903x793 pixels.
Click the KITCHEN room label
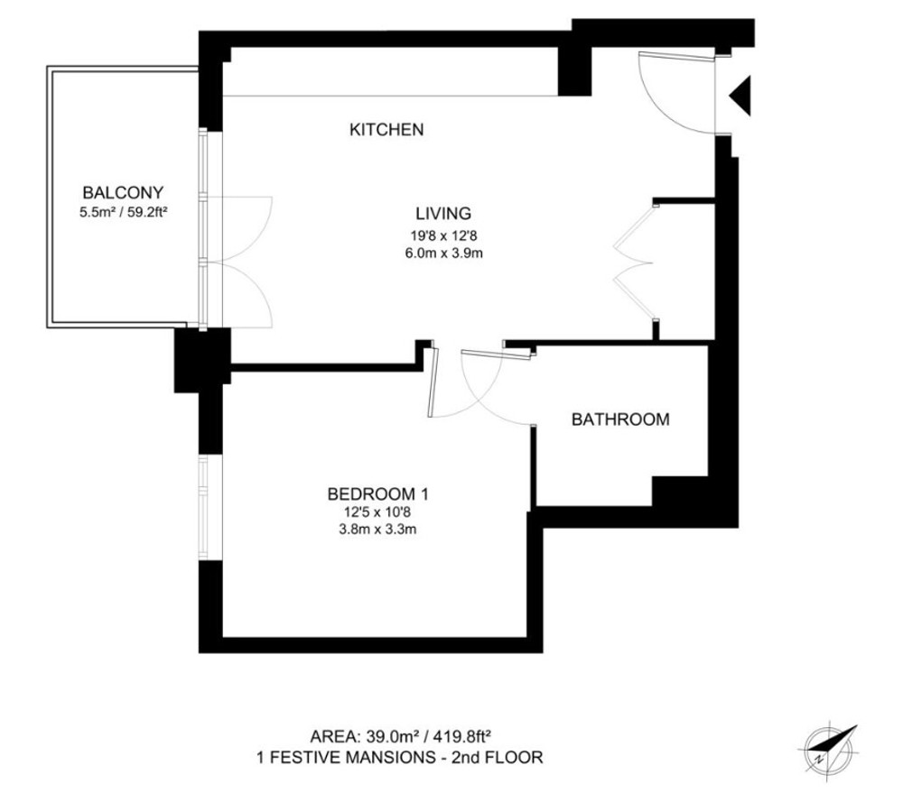click(x=386, y=130)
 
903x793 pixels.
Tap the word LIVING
click(x=443, y=214)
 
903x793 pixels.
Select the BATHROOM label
click(x=620, y=420)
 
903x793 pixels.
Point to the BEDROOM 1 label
click(x=377, y=493)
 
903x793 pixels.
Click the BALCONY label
click(x=123, y=192)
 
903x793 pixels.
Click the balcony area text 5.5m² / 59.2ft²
click(x=123, y=212)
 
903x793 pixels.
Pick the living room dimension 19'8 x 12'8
click(x=443, y=235)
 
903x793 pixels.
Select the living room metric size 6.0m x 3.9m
click(x=443, y=253)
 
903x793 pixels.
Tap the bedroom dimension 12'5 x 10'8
click(x=377, y=512)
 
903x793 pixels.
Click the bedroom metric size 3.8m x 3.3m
click(x=377, y=529)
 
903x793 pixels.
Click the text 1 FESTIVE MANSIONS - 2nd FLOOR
click(x=400, y=757)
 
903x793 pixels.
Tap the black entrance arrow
click(x=741, y=96)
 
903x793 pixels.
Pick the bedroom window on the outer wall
click(x=202, y=507)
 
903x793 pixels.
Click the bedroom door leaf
click(x=433, y=382)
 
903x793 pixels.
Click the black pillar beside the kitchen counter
click(x=574, y=70)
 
